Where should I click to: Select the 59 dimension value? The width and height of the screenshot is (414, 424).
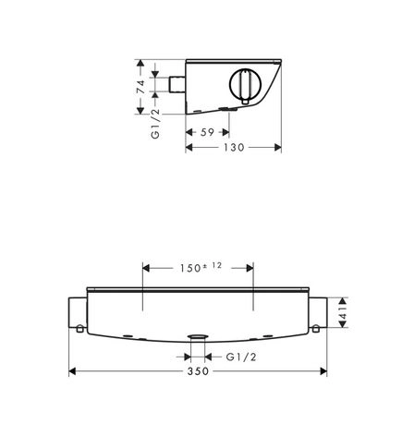tap(209, 131)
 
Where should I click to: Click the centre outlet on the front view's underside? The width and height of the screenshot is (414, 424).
tap(196, 337)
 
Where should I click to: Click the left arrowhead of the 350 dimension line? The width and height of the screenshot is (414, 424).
tap(75, 371)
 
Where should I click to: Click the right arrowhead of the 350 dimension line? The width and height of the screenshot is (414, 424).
tap(317, 371)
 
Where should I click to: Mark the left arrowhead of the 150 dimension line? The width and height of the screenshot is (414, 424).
tap(145, 268)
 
